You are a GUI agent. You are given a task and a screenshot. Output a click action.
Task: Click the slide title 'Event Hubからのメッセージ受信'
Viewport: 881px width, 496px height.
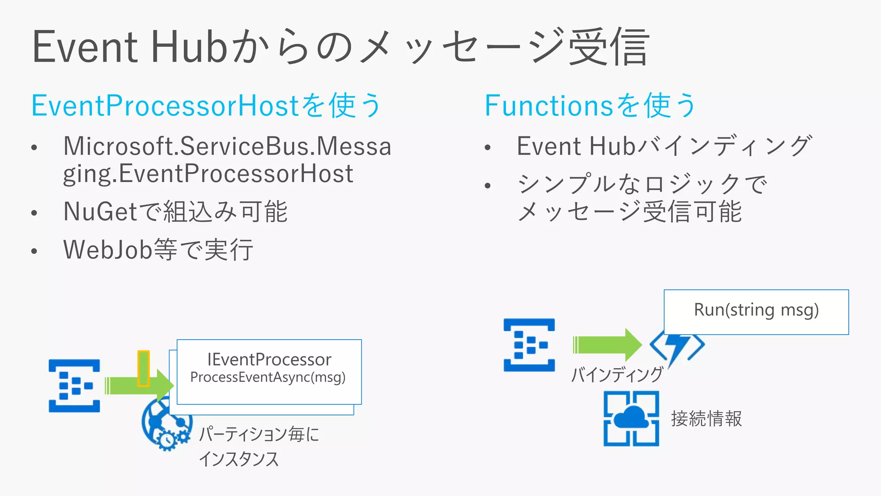pos(340,46)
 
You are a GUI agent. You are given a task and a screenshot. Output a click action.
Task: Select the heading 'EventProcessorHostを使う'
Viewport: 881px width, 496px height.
pos(206,105)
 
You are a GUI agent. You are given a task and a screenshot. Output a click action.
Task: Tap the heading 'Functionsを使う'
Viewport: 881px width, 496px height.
pos(590,105)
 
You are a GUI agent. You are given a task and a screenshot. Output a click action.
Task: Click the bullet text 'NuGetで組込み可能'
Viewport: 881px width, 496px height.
pos(176,211)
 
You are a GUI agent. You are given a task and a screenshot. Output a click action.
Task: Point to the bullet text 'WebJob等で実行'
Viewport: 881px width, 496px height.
pos(158,250)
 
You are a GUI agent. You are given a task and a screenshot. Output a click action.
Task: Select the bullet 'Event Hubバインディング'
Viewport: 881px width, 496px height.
pos(664,146)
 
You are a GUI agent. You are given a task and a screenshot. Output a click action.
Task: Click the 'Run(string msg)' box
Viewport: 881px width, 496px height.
pos(756,311)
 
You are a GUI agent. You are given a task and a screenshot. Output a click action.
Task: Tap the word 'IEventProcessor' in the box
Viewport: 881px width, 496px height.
pos(269,360)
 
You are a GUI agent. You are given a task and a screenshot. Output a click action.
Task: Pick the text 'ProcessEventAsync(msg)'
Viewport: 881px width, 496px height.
pos(268,377)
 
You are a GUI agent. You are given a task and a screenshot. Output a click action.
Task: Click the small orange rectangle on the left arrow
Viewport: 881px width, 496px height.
pos(143,368)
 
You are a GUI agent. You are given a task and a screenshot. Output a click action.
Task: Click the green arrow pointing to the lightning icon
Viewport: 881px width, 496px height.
pos(607,345)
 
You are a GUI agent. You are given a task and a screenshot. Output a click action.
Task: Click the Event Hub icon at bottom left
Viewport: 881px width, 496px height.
pos(74,386)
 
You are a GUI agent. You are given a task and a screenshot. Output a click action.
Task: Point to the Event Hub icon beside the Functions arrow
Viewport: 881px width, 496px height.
pos(529,345)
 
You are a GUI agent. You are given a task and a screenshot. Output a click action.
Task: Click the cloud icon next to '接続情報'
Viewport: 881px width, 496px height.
pos(631,418)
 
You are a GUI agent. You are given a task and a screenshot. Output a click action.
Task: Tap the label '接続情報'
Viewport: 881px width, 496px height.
pos(706,418)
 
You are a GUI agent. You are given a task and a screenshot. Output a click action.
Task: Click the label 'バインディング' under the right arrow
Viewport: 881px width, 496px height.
pos(617,374)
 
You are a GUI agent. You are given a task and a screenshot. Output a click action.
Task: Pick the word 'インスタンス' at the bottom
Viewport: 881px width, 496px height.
pos(239,459)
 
